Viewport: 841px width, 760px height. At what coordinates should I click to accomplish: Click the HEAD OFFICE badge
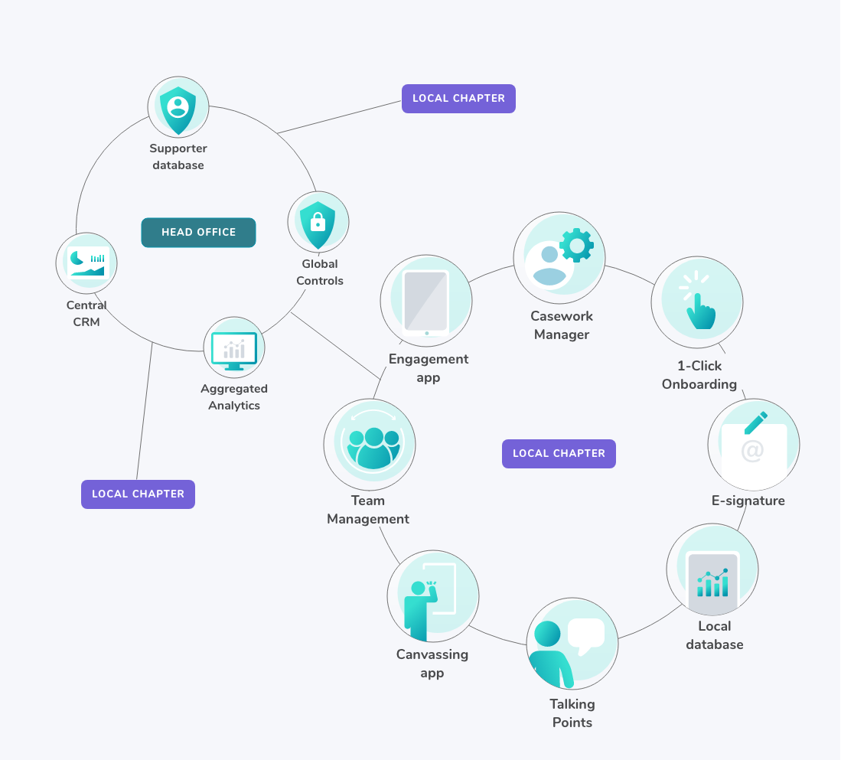point(198,233)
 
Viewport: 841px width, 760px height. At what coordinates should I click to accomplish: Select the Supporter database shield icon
point(178,106)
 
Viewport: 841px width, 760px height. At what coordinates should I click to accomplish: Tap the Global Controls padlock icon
point(318,221)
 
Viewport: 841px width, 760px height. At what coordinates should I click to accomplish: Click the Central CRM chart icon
point(86,263)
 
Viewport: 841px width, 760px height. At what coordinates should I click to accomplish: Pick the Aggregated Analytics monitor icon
point(234,350)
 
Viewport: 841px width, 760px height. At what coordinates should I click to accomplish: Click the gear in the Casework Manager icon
point(576,245)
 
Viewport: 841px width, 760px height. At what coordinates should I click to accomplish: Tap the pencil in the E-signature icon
point(755,423)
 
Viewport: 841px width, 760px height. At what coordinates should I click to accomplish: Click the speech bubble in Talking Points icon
point(585,634)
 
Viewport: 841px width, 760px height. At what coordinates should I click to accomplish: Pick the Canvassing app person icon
point(419,608)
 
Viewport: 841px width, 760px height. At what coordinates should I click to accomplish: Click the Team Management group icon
point(373,447)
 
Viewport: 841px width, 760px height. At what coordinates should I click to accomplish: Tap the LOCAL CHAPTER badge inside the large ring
point(559,454)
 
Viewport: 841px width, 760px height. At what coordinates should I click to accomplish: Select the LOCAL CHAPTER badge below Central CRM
point(138,494)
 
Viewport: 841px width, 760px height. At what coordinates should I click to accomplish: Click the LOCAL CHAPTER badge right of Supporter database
point(458,99)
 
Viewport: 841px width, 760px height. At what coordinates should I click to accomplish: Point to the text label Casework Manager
point(562,325)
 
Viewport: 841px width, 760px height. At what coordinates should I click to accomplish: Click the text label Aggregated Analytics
point(234,397)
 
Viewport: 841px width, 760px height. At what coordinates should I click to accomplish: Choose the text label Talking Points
point(572,713)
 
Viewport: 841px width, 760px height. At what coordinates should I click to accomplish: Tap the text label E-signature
point(748,501)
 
